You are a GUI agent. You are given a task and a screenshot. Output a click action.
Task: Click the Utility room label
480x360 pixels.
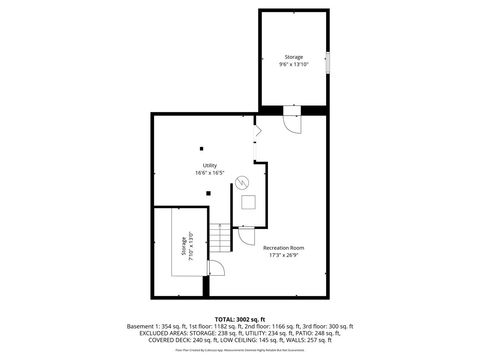(x=210, y=165)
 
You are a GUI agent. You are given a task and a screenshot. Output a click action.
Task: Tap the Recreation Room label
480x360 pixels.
(x=284, y=247)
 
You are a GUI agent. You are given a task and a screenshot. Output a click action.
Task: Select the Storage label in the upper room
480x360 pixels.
(x=293, y=57)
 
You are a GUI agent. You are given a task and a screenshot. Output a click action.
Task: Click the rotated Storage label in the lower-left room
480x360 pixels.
(x=183, y=247)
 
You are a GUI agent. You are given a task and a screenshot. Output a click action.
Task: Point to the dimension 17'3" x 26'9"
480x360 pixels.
(x=284, y=255)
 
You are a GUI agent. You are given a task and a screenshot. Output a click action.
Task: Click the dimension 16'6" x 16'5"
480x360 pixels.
(x=210, y=173)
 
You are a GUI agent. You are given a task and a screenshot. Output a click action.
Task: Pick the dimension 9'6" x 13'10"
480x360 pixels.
(x=293, y=65)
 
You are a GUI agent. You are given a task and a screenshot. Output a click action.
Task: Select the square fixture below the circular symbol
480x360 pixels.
(x=248, y=201)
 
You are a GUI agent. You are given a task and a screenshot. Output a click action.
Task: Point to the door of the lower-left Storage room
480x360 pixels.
(x=212, y=267)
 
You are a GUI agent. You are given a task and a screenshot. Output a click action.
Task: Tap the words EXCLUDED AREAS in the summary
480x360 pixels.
(x=151, y=333)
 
